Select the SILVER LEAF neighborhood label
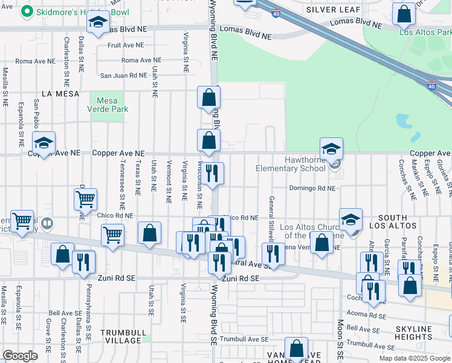[x=334, y=10]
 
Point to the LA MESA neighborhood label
[x=56, y=93]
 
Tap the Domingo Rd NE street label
[x=311, y=188]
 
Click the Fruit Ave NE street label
[x=126, y=45]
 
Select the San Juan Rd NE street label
[x=123, y=76]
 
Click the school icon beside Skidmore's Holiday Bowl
[x=97, y=23]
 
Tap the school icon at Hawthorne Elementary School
[x=331, y=148]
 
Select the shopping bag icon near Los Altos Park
[x=404, y=14]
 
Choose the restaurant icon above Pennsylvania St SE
[x=83, y=261]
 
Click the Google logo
[x=21, y=356]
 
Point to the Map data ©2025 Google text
[x=414, y=358]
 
